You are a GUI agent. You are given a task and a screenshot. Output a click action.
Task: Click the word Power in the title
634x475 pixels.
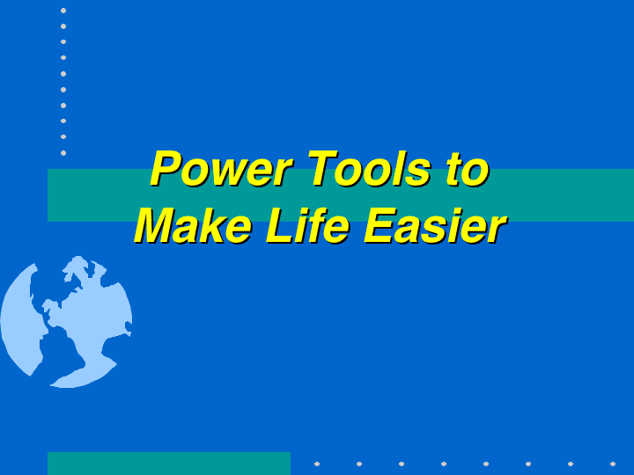coord(221,168)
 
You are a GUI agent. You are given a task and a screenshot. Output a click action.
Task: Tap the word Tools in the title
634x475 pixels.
coord(370,168)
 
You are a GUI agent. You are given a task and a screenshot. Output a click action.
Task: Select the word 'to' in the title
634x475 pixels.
coord(468,170)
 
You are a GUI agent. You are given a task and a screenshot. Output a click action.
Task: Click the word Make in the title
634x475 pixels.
coord(193,225)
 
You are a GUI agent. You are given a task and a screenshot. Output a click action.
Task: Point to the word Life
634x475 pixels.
coord(307,225)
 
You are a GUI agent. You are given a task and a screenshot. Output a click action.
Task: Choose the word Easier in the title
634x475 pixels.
coord(435,225)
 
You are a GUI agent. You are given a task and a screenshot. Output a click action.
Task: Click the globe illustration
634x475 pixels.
coord(66,322)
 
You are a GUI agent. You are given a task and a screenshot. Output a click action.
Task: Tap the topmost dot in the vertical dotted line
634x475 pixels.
coord(63,11)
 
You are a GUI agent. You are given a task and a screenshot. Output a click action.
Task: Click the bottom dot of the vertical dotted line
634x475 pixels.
coord(63,153)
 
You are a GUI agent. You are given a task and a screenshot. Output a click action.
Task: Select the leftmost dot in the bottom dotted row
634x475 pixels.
coord(317,464)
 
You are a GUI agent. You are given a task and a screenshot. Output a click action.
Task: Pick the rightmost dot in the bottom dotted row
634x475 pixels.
coord(613,464)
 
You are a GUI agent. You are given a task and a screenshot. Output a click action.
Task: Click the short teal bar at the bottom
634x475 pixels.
coord(169,464)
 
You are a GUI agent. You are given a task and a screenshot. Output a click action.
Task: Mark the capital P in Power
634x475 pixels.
coord(168,168)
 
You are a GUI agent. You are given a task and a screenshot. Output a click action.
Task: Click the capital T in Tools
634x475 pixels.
coord(323,168)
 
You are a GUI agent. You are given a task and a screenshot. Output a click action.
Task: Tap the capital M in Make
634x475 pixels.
coord(156,225)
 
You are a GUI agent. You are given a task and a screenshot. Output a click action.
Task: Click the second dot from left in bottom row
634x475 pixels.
coord(359,464)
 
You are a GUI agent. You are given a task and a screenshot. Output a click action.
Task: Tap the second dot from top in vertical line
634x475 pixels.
coord(63,26)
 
